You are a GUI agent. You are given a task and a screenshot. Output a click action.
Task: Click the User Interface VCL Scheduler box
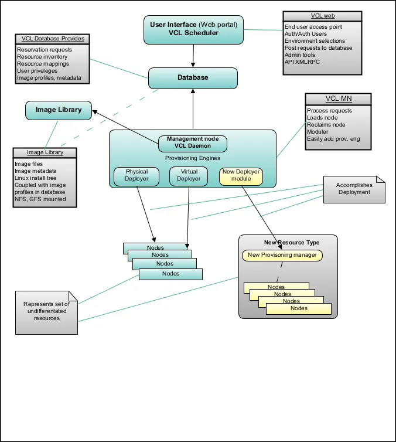tap(193, 29)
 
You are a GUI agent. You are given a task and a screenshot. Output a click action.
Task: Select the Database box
tap(193, 77)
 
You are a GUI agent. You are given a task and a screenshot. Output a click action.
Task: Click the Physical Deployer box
tap(136, 176)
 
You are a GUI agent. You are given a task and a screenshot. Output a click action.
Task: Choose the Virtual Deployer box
tap(189, 176)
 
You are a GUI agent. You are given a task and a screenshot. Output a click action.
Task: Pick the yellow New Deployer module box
tap(240, 176)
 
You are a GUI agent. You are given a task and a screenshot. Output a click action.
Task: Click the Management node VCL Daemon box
tap(193, 142)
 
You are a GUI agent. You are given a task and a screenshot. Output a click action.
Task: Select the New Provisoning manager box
tap(282, 255)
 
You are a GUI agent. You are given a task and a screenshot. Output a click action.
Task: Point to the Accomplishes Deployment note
tap(354, 189)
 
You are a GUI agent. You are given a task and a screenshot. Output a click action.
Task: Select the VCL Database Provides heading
tap(53, 39)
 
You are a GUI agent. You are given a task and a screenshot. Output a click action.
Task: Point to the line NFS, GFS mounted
tap(41, 199)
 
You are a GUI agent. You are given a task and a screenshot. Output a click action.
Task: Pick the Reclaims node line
tap(326, 125)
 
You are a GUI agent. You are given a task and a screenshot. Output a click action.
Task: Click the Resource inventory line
tap(43, 57)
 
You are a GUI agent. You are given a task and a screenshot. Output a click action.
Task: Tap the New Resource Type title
tap(288, 242)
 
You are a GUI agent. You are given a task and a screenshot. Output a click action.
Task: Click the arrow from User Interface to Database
tap(193, 56)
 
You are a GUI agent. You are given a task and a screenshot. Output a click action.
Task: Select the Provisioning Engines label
tap(193, 158)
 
